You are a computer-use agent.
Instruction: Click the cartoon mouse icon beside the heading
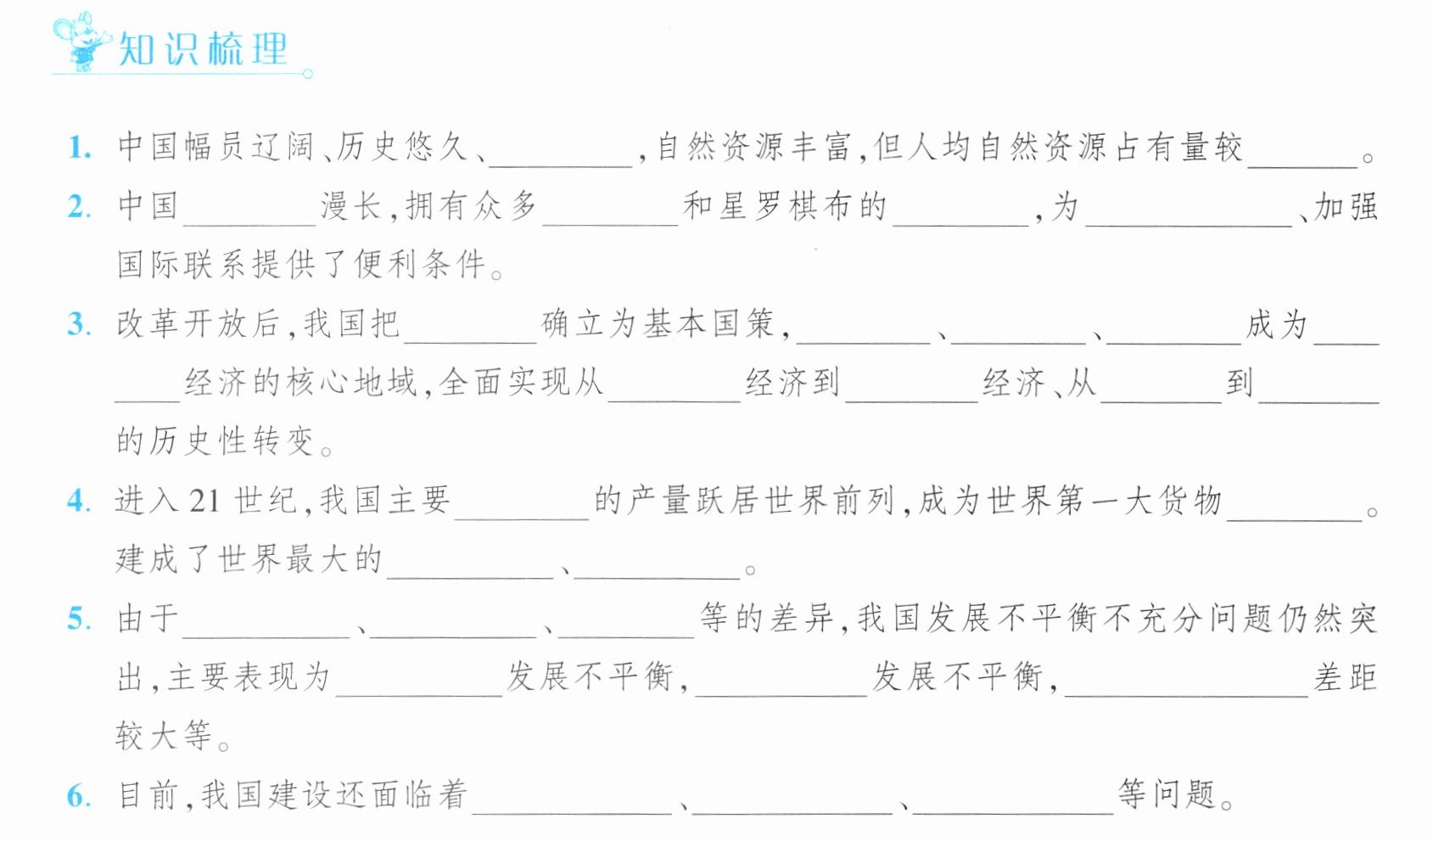pyautogui.click(x=81, y=40)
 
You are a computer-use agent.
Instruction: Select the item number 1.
pyautogui.click(x=79, y=148)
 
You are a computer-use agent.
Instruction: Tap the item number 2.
pyautogui.click(x=79, y=207)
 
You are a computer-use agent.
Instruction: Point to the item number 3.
pyautogui.click(x=79, y=324)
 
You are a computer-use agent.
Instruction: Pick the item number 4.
pyautogui.click(x=79, y=502)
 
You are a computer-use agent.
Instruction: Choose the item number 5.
pyautogui.click(x=79, y=619)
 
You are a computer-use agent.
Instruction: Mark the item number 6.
pyautogui.click(x=79, y=795)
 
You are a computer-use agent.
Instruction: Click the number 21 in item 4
pyautogui.click(x=204, y=501)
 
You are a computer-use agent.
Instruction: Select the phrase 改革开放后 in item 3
pyautogui.click(x=198, y=324)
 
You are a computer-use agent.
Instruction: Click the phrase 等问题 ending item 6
pyautogui.click(x=1167, y=795)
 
